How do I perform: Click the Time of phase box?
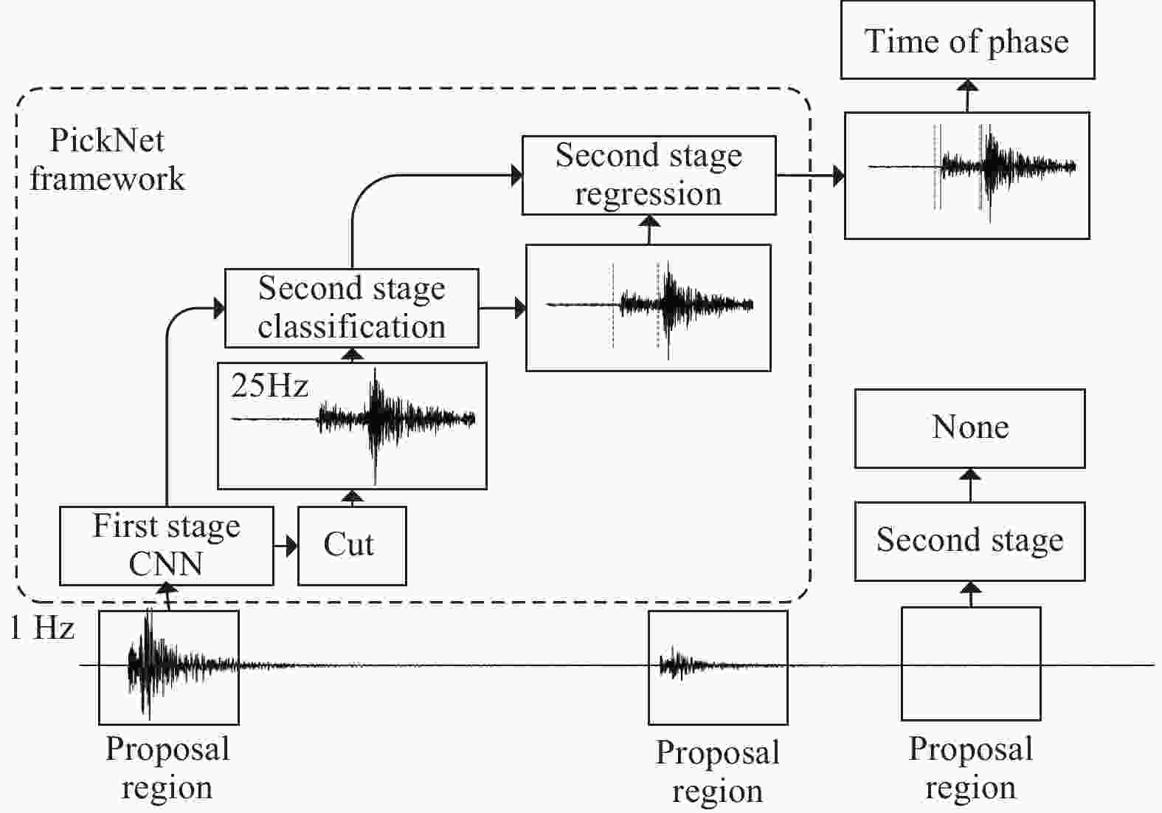coord(966,41)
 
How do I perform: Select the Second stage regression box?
coord(649,175)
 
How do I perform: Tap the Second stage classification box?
coord(351,308)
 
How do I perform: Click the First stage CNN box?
coord(166,546)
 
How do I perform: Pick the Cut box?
coord(351,546)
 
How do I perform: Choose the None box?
coord(969,428)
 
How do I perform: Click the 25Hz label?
coord(269,385)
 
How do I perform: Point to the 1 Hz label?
coord(43,628)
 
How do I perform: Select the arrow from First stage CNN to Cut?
coord(286,546)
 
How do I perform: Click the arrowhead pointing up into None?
coord(970,475)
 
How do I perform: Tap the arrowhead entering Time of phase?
coord(967,86)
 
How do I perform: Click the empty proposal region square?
coord(970,663)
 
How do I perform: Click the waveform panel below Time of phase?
coord(966,176)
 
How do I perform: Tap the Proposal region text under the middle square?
coord(717,772)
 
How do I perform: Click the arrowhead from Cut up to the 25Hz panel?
coord(353,496)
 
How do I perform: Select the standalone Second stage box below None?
coord(969,541)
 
